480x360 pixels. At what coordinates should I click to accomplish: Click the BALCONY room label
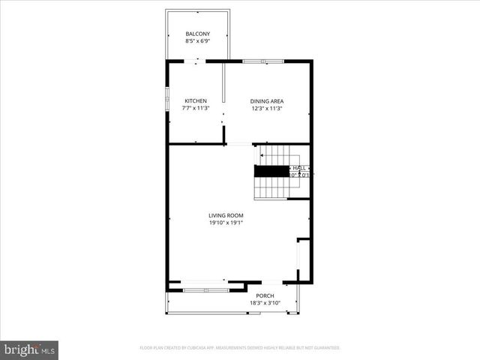[x=198, y=34]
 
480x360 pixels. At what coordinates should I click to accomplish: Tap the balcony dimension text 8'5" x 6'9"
[x=198, y=42]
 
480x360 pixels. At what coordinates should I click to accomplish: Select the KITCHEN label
[x=196, y=101]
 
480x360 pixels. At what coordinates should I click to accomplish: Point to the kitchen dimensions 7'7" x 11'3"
[x=196, y=109]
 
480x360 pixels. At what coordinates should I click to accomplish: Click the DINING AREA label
[x=267, y=101]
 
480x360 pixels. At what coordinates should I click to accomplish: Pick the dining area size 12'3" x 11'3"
[x=267, y=109]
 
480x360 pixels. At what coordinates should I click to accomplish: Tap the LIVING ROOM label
[x=226, y=215]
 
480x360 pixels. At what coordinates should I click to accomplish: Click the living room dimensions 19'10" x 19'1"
[x=226, y=223]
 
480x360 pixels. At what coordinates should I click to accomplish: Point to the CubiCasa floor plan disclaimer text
[x=240, y=348]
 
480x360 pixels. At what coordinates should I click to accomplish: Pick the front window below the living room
[x=204, y=282]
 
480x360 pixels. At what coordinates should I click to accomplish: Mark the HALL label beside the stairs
[x=299, y=168]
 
